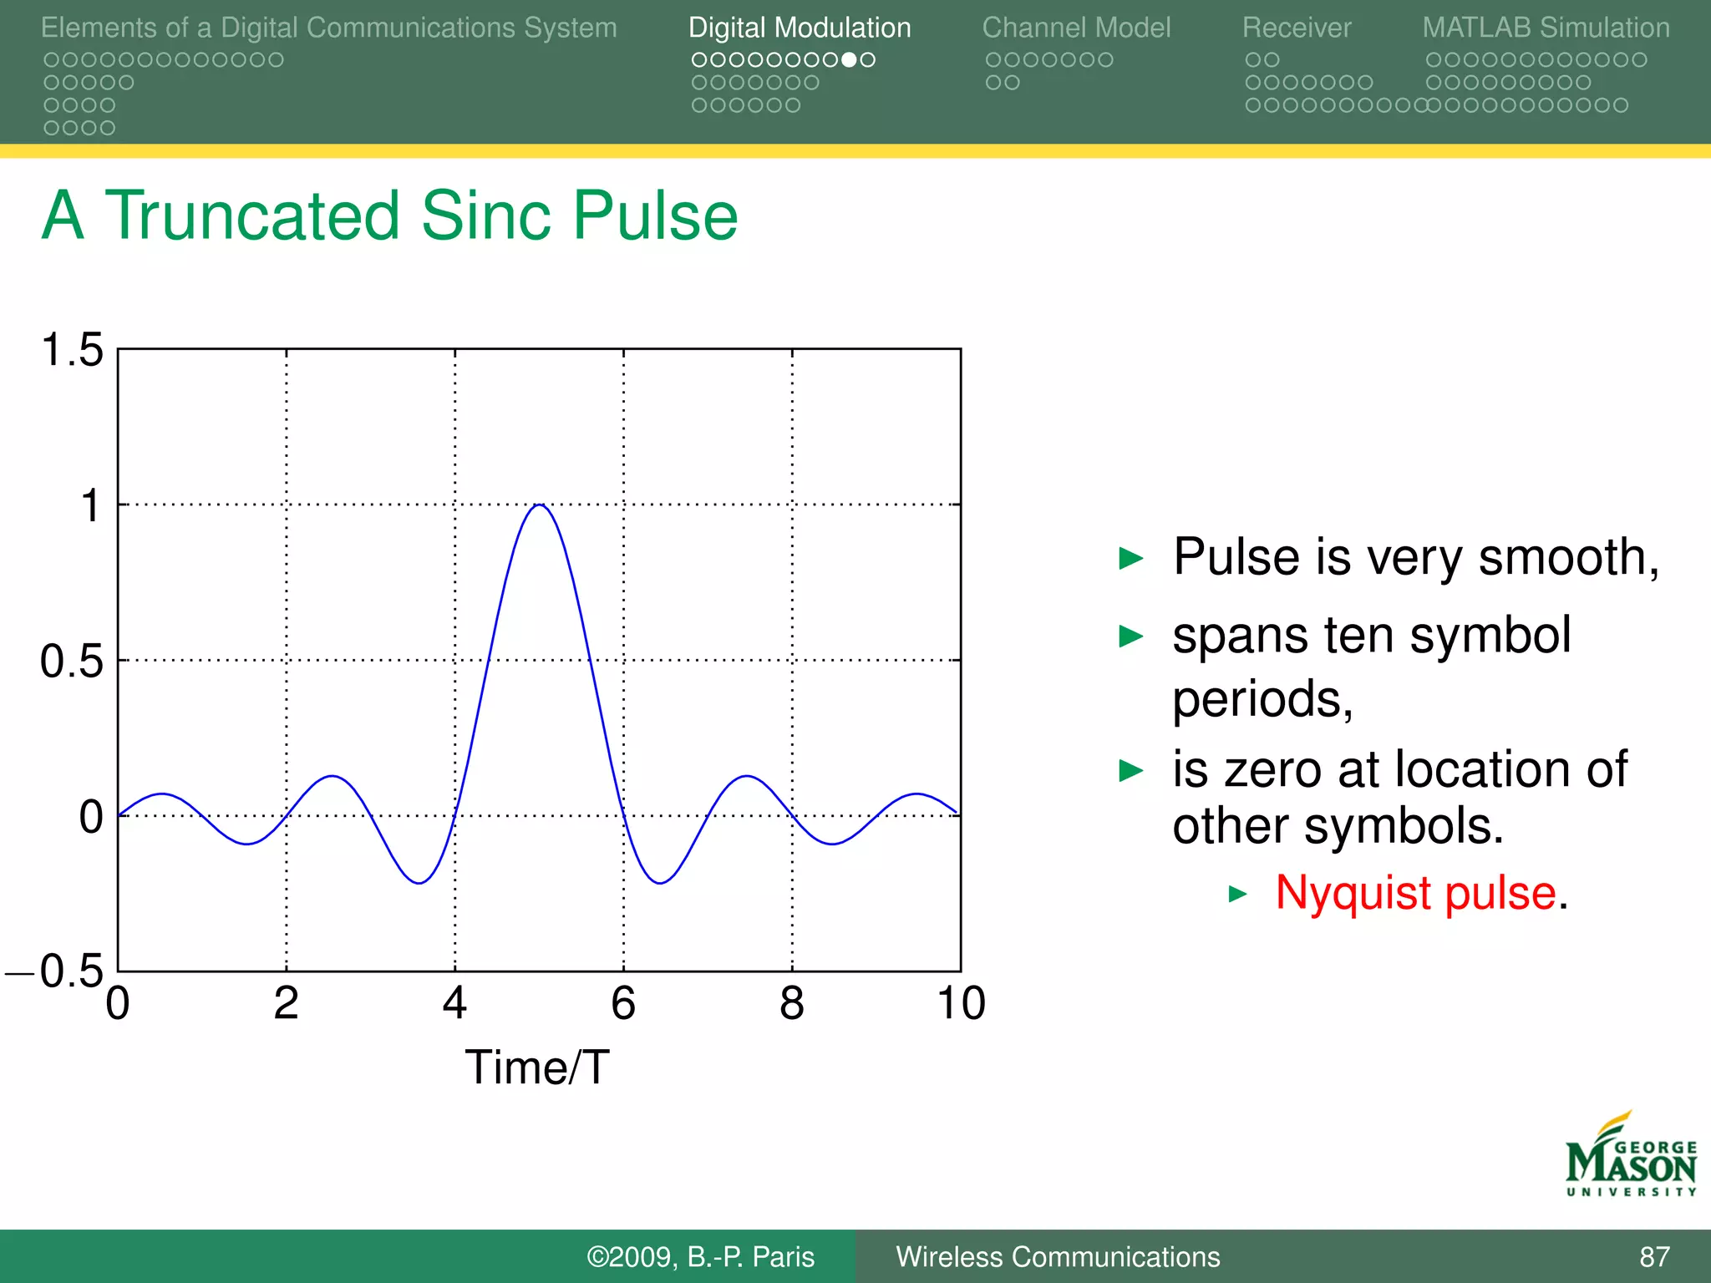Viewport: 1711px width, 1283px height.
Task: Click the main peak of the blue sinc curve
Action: pos(541,505)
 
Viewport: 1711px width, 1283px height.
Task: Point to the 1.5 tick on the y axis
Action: pos(73,349)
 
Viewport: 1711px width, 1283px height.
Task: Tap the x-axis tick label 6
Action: pos(623,1002)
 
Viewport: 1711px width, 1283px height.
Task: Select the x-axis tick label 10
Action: pos(961,1002)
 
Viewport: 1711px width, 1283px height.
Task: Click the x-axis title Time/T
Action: pos(537,1067)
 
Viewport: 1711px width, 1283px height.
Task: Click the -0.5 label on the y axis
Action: pos(56,971)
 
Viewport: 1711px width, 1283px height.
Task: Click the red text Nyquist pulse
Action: pos(1415,892)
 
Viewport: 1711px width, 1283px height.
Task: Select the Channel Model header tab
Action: pos(1076,28)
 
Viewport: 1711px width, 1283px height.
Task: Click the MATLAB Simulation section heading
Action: pos(1546,28)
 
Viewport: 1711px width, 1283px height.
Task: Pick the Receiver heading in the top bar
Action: pos(1296,28)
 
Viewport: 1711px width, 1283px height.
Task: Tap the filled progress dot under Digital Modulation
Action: pos(849,60)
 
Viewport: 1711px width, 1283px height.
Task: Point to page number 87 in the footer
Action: pos(1654,1256)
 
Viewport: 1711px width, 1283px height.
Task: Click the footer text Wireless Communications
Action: pos(1058,1256)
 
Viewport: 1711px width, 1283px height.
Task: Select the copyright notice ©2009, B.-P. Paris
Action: pos(700,1256)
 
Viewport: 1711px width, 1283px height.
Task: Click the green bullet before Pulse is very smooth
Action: pos(1130,558)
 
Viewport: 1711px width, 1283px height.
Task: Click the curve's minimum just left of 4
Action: pos(419,883)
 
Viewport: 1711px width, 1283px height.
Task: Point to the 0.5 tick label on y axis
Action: pos(72,661)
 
